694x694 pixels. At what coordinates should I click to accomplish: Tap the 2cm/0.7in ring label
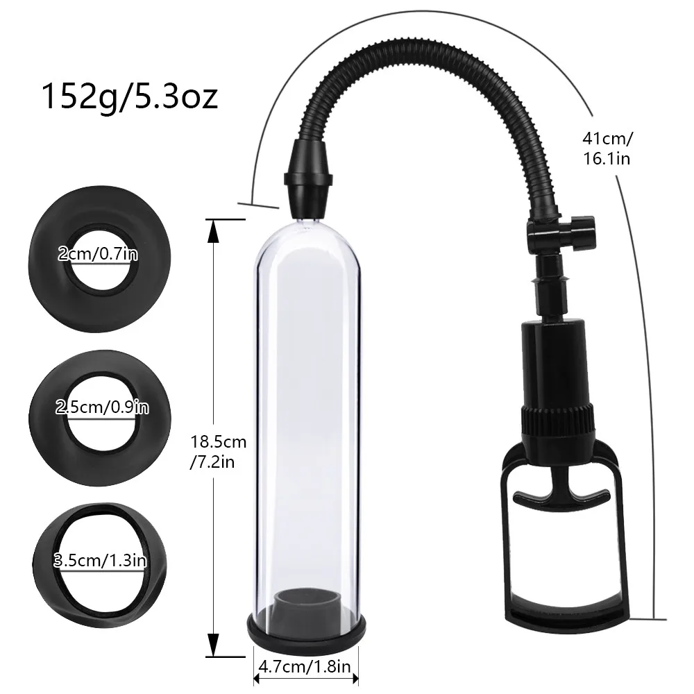(98, 255)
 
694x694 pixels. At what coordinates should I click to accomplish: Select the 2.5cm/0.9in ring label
(102, 407)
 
